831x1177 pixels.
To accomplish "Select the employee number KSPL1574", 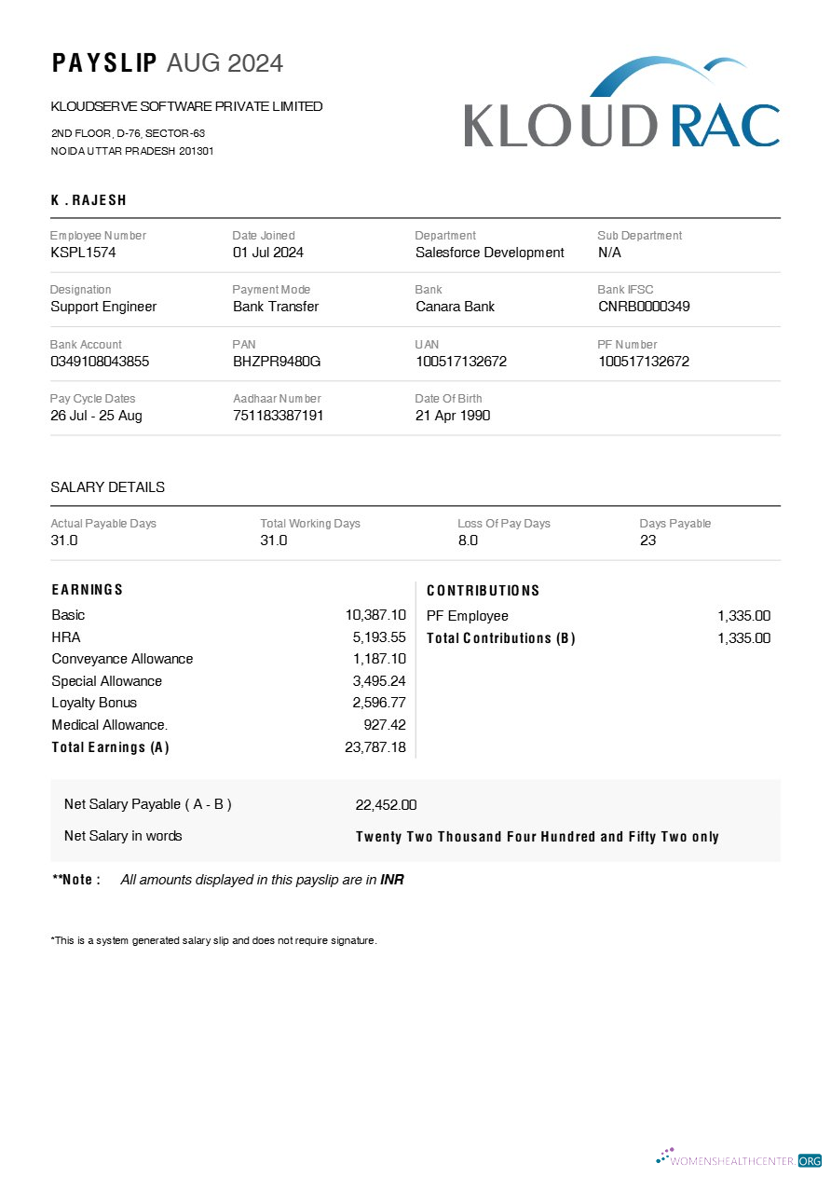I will [x=83, y=253].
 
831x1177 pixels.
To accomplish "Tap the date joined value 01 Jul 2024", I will [x=267, y=253].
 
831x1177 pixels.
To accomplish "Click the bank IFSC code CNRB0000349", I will [x=644, y=307].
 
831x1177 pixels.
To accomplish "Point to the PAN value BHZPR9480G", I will [x=277, y=362].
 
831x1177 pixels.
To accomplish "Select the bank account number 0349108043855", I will [x=100, y=362].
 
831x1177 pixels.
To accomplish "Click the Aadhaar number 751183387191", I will [x=278, y=416].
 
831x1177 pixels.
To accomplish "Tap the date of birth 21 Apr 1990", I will [x=452, y=416].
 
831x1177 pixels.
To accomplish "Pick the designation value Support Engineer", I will [x=103, y=307].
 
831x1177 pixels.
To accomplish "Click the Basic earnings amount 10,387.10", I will [x=375, y=615].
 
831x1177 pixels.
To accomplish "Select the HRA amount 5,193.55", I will [x=379, y=637].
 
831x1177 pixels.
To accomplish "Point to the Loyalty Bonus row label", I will [x=94, y=703].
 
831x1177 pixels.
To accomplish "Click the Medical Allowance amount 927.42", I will [x=385, y=724].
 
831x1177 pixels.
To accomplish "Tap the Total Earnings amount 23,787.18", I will [x=375, y=746].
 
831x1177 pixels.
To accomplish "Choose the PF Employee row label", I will [x=467, y=616].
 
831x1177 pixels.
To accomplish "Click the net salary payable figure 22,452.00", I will [x=386, y=805].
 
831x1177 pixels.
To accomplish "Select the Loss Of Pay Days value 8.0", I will [x=468, y=541].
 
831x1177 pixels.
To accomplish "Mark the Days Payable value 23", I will [x=647, y=541].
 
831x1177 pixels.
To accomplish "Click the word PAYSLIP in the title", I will [x=104, y=63].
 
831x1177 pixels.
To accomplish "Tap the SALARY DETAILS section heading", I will [x=107, y=487].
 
